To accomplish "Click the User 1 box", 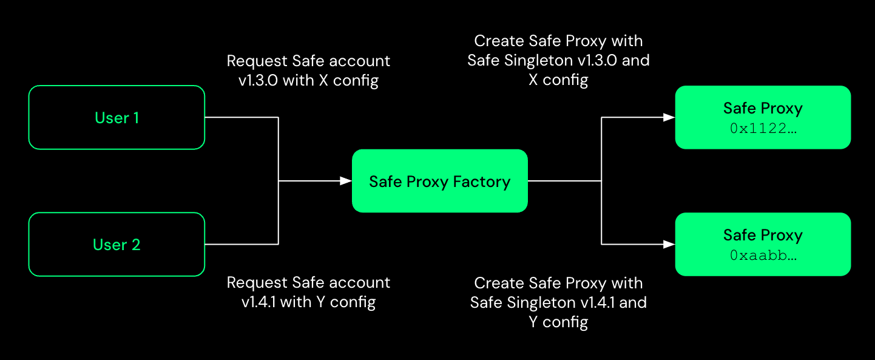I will coord(117,117).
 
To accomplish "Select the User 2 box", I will coord(117,244).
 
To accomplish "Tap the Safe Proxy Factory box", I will coord(439,181).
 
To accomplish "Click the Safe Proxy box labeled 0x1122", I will coord(763,117).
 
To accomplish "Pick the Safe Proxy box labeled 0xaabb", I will coord(763,244).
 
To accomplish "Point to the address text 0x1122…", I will coord(763,128).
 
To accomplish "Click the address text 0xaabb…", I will coord(763,256).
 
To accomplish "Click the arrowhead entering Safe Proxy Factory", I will coord(346,181).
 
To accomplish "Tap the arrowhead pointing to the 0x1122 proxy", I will coord(669,117).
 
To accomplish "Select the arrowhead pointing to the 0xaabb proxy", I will coord(669,244).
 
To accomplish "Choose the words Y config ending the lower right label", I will coord(558,322).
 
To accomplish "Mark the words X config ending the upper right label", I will coord(558,80).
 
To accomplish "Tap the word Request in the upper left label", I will coord(257,61).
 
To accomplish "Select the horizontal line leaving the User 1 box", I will coord(242,117).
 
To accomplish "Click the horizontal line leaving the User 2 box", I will coord(242,244).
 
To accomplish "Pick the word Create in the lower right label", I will coord(495,283).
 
